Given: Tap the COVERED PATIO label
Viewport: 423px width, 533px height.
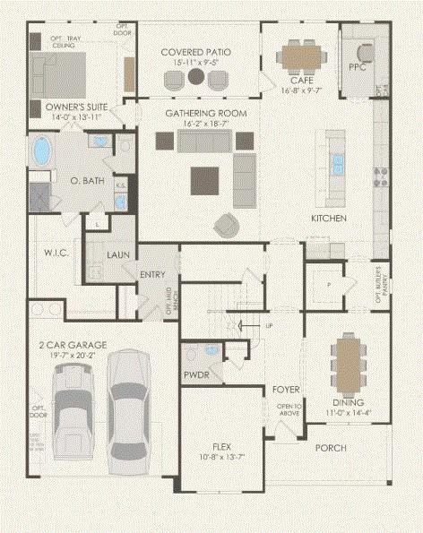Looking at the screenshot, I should (195, 53).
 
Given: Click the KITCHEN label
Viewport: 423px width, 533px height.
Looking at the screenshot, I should (328, 219).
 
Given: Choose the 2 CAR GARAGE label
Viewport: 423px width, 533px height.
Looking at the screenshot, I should (72, 345).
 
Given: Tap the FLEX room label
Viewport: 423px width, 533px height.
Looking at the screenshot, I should (222, 445).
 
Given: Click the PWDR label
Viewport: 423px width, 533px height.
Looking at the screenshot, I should (195, 374).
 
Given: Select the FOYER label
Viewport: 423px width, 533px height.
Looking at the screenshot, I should (286, 390).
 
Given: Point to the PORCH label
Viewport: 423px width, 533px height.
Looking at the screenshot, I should (330, 448).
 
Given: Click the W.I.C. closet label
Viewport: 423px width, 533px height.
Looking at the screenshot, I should (44, 254).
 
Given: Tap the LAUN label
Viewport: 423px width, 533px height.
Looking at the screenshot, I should (118, 255).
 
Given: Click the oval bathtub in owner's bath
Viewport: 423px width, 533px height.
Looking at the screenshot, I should (42, 152).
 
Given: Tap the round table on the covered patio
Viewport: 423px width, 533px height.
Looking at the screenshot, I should (195, 80).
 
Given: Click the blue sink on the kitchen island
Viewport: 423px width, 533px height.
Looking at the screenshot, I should (339, 162).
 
